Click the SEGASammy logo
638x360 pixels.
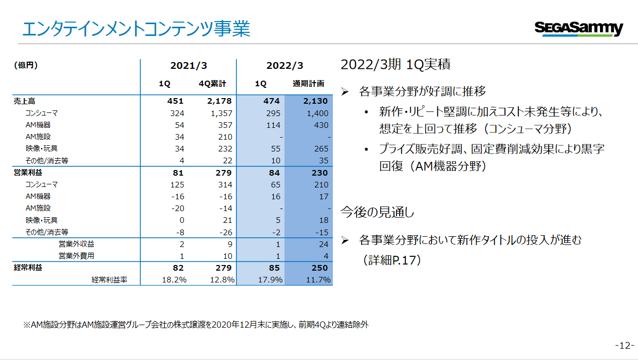[x=578, y=28]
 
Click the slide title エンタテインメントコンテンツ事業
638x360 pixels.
[x=136, y=29]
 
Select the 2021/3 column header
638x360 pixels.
[x=189, y=66]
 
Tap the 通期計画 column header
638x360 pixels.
[x=308, y=84]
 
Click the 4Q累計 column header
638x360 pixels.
[x=212, y=84]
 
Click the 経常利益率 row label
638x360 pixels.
[x=109, y=280]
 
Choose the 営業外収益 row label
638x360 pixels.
[x=77, y=244]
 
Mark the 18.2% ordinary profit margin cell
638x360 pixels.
[x=174, y=280]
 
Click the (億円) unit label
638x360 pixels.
[x=26, y=65]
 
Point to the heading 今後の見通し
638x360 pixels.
[x=377, y=212]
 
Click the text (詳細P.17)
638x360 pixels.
[x=392, y=260]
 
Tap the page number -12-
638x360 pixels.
[x=625, y=346]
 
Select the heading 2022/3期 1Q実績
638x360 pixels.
[x=396, y=65]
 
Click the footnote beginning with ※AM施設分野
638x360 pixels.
[x=196, y=325]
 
